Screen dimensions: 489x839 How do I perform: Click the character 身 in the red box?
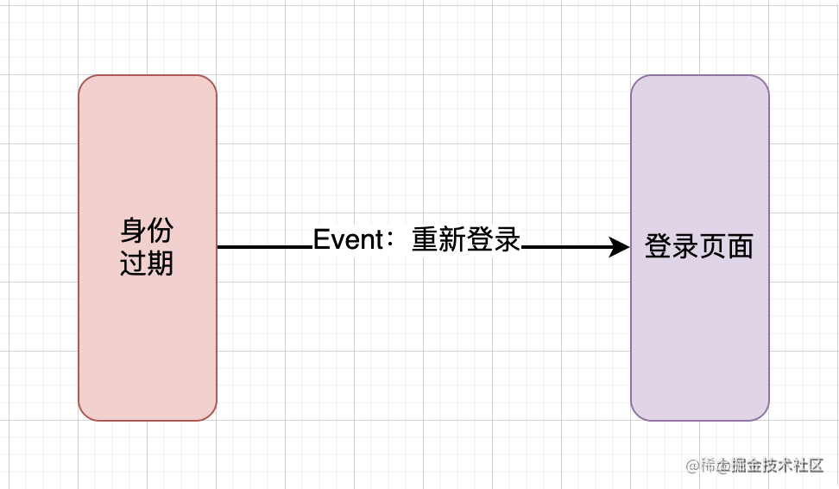pyautogui.click(x=134, y=231)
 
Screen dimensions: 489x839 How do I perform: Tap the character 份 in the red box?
pyautogui.click(x=161, y=231)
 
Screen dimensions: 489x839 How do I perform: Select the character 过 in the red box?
pyautogui.click(x=134, y=262)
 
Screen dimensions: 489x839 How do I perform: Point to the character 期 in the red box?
pyautogui.click(x=161, y=262)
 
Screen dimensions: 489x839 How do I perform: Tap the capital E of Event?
pyautogui.click(x=320, y=239)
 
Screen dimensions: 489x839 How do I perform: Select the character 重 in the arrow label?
pyautogui.click(x=425, y=239)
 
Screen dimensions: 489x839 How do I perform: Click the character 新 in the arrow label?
pyautogui.click(x=452, y=239)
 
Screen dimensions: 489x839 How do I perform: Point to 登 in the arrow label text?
pyautogui.click(x=480, y=239)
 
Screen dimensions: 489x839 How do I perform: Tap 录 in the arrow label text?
pyautogui.click(x=508, y=239)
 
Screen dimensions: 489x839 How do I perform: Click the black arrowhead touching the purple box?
pyautogui.click(x=620, y=247)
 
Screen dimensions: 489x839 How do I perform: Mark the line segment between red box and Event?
pyautogui.click(x=263, y=247)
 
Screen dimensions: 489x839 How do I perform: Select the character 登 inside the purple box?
pyautogui.click(x=659, y=247)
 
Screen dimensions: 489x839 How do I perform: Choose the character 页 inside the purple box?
pyautogui.click(x=713, y=247)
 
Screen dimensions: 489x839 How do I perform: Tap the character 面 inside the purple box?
pyautogui.click(x=741, y=247)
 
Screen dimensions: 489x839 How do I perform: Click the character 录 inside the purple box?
pyautogui.click(x=685, y=247)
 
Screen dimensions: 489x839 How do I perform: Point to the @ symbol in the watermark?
pyautogui.click(x=692, y=467)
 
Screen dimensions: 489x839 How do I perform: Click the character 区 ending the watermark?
pyautogui.click(x=816, y=467)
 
